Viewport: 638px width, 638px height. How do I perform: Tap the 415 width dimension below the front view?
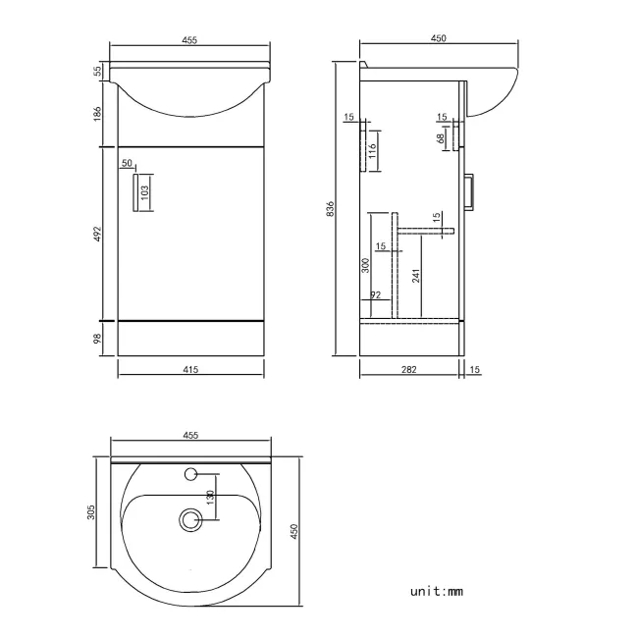tap(190, 369)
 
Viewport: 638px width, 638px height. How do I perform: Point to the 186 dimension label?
tap(98, 114)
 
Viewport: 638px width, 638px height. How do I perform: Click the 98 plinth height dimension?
tap(98, 338)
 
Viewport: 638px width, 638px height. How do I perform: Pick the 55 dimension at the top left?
tap(98, 71)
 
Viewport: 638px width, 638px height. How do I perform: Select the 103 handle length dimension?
tap(144, 191)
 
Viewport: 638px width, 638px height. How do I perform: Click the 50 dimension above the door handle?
tap(127, 163)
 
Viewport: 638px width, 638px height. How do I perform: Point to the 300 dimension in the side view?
tap(365, 265)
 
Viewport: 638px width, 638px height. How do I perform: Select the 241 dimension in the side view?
tap(416, 275)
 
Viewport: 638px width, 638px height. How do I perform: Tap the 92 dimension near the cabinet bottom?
tap(375, 294)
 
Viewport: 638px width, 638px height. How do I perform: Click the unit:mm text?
tap(436, 591)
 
